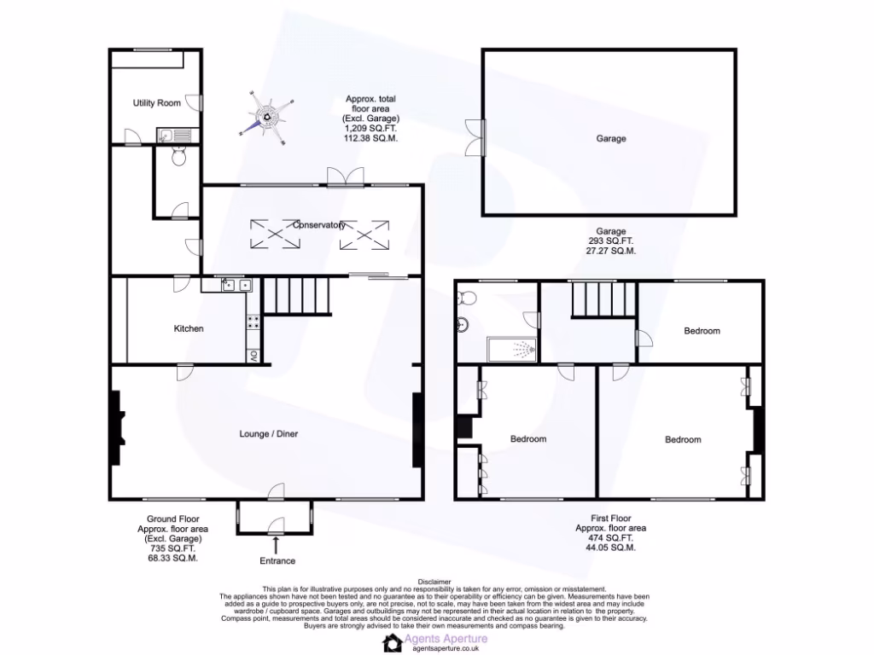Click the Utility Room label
(156, 103)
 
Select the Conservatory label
(318, 225)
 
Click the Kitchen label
(189, 328)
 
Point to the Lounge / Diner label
(268, 434)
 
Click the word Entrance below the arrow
(277, 560)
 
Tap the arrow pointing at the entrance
(277, 542)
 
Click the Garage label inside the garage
(610, 138)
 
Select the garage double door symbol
(475, 137)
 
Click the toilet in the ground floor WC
(178, 158)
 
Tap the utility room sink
(166, 135)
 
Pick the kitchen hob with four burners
(253, 322)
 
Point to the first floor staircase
(591, 300)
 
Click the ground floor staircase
(297, 298)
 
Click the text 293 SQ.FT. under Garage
(610, 241)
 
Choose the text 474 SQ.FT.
(610, 538)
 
